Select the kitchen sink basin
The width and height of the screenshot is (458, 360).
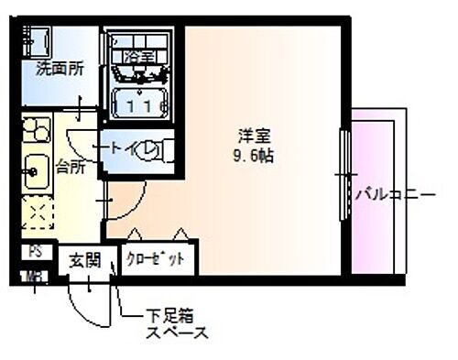point(36,170)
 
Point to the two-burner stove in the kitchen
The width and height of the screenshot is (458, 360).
point(37,130)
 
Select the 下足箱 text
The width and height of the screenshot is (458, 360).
point(169,316)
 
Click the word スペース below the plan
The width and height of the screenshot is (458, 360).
point(177,333)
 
